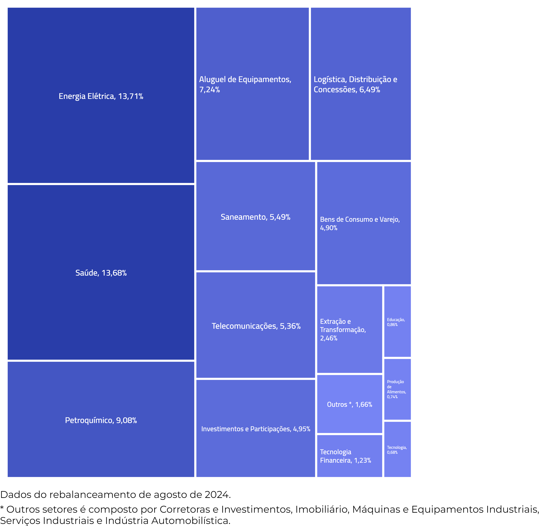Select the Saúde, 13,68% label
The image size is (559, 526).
(101, 273)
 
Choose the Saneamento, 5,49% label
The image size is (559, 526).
(255, 217)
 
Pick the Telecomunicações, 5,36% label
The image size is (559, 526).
(256, 326)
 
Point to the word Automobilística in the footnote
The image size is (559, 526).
(191, 521)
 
